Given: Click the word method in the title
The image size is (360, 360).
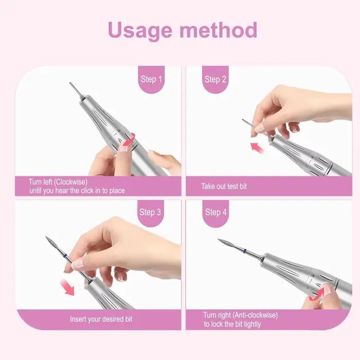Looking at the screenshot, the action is [218, 30].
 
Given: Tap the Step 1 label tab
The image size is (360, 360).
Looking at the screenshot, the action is [151, 79].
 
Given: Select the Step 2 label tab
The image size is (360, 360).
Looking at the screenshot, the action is [215, 79].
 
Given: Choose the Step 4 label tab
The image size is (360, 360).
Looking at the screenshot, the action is [215, 213].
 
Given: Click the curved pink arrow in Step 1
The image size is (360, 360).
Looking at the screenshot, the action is [129, 139].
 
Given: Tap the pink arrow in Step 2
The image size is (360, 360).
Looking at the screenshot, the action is [257, 148].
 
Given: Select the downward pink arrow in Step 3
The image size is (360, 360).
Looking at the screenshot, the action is [67, 287].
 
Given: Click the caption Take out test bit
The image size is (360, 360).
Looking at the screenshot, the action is [224, 186].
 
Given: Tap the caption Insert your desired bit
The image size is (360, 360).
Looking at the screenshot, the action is [101, 319].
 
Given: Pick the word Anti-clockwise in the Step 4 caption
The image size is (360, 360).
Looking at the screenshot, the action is [255, 315].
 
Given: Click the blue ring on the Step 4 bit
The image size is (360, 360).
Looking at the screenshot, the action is [245, 250].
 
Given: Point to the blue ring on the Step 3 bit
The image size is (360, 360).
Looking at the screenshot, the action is [65, 256].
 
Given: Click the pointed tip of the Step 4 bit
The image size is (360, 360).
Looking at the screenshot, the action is [219, 240].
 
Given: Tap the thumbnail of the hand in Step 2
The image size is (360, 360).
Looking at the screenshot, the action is [260, 128].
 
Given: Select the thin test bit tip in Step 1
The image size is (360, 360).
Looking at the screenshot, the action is [70, 83].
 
